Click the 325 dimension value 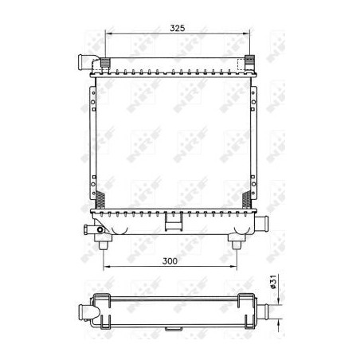[178, 28]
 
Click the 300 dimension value [170, 261]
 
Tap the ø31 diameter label [273, 282]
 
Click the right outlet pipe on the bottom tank [261, 221]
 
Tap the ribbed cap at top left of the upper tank [105, 63]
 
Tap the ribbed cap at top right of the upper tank [249, 61]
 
